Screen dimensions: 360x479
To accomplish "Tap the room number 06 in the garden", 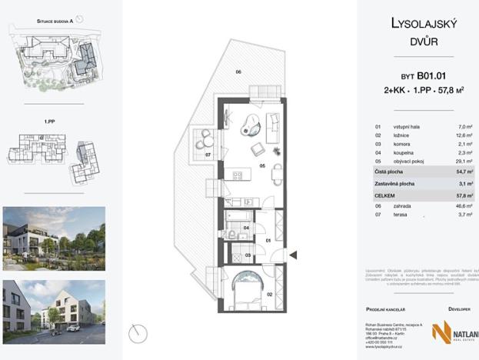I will point(238,72).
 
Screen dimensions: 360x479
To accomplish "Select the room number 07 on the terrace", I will point(208,155).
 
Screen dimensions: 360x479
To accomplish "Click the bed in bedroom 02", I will point(248,289).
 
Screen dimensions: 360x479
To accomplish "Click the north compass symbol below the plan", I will point(138,333).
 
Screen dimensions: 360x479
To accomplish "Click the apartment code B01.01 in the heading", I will point(432,76).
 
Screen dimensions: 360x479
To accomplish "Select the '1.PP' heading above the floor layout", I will point(48,121).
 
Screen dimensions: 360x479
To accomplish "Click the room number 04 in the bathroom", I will point(246,228).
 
